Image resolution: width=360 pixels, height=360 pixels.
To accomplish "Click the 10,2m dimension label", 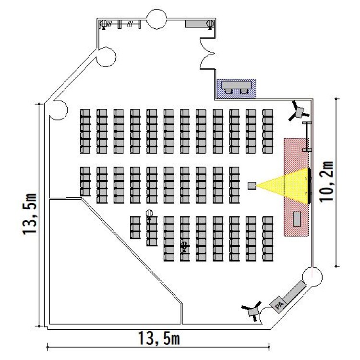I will pos(328,183).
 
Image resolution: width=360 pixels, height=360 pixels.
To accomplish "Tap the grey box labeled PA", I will pos(278,303).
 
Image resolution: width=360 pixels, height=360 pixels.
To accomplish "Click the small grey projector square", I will pos(252,185).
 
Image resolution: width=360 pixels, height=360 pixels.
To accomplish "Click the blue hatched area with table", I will pos(236,88).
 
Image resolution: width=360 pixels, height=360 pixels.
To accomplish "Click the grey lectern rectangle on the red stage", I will pos(297,218).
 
